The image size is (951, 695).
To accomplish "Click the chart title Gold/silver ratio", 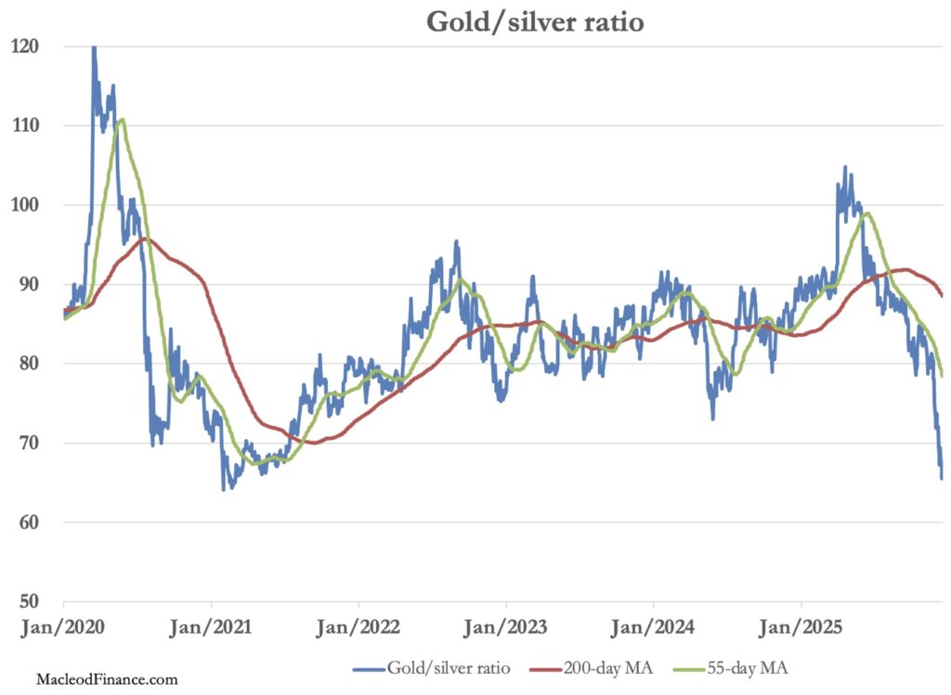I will (x=535, y=21).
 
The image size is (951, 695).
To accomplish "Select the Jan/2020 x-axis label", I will (x=63, y=628).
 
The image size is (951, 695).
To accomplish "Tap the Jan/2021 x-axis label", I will (x=211, y=628).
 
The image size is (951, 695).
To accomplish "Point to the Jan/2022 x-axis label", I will (x=358, y=628).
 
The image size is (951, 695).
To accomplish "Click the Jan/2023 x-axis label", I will (x=506, y=628).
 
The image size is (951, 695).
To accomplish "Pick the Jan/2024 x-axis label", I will (x=654, y=628).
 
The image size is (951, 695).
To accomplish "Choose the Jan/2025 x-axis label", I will (x=801, y=628).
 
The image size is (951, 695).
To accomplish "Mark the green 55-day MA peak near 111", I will (x=122, y=119).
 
